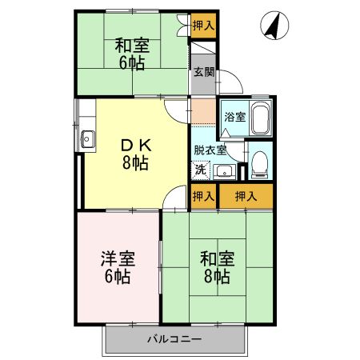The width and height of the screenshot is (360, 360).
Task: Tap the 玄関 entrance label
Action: [x=203, y=70]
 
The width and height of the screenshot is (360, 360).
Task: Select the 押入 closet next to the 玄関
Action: [x=203, y=25]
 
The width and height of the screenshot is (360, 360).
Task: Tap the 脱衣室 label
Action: [x=210, y=150]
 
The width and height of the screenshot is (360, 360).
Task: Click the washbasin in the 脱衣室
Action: [x=223, y=169]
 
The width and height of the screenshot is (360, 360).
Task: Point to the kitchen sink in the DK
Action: [x=87, y=141]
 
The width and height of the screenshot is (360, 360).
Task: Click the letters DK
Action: [x=134, y=145]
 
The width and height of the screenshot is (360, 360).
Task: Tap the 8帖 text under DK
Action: [x=134, y=164]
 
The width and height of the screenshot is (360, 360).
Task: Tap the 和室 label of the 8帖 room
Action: [x=216, y=258]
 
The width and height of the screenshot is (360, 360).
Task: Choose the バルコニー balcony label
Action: [x=174, y=339]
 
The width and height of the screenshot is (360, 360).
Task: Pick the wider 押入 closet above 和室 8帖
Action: [x=246, y=196]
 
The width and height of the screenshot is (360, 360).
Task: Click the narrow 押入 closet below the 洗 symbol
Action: [x=203, y=196]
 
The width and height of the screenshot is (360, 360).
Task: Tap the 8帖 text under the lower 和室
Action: [x=217, y=278]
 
